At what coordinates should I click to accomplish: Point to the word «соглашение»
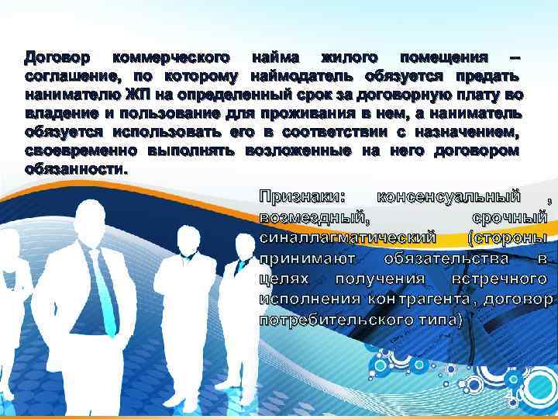72,77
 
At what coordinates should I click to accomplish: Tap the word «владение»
60,113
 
